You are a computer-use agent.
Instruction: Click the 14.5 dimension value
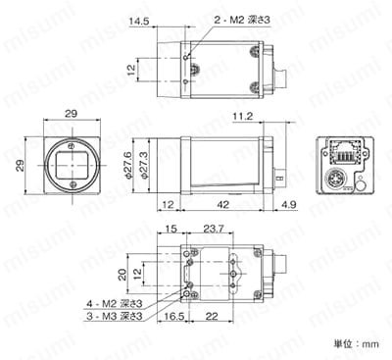[139, 22]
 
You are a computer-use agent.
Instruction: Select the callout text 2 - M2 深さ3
[242, 20]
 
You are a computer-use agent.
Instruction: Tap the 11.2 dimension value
[243, 116]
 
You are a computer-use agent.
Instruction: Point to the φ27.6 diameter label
[128, 165]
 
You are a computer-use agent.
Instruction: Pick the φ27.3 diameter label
[145, 165]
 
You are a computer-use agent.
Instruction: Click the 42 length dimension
[223, 205]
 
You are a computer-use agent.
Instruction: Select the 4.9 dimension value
[288, 205]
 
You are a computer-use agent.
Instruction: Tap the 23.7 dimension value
[214, 229]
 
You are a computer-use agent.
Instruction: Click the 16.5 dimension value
[174, 316]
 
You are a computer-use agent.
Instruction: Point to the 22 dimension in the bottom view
[212, 316]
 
